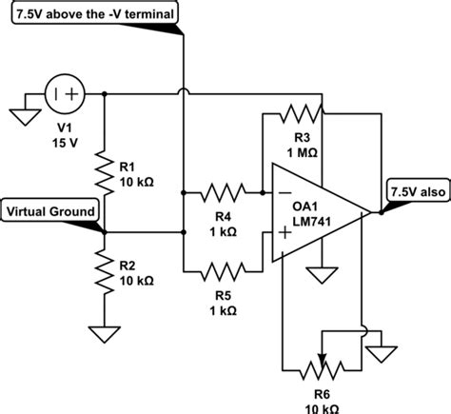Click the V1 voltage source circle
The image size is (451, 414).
pyautogui.click(x=64, y=95)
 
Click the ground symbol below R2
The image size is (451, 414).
pyautogui.click(x=104, y=334)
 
